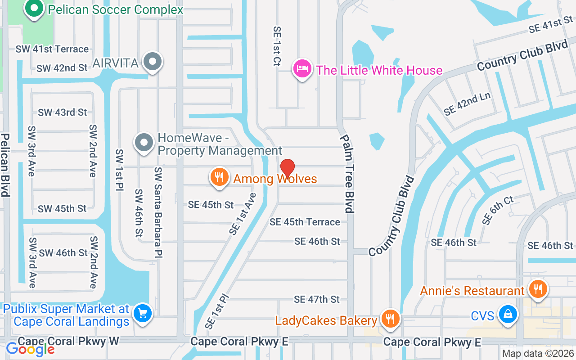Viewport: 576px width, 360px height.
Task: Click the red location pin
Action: pyautogui.click(x=287, y=169)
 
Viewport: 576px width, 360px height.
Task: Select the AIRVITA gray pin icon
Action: pyautogui.click(x=153, y=62)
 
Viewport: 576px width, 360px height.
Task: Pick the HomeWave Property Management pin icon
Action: pyautogui.click(x=144, y=143)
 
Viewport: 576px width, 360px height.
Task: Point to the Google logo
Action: pyautogui.click(x=30, y=349)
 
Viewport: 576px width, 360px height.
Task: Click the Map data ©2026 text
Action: pyautogui.click(x=538, y=354)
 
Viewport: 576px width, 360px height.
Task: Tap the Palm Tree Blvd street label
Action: pyautogui.click(x=347, y=173)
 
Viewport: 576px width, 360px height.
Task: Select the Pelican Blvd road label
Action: pyautogui.click(x=5, y=165)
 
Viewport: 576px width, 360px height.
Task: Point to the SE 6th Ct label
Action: pyautogui.click(x=497, y=210)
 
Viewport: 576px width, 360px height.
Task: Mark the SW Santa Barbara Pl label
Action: pyautogui.click(x=158, y=212)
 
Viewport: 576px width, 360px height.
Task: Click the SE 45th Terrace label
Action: pyautogui.click(x=305, y=222)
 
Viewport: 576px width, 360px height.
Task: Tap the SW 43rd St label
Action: pyautogui.click(x=62, y=112)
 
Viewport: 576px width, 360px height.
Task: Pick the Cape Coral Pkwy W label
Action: pyautogui.click(x=68, y=341)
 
